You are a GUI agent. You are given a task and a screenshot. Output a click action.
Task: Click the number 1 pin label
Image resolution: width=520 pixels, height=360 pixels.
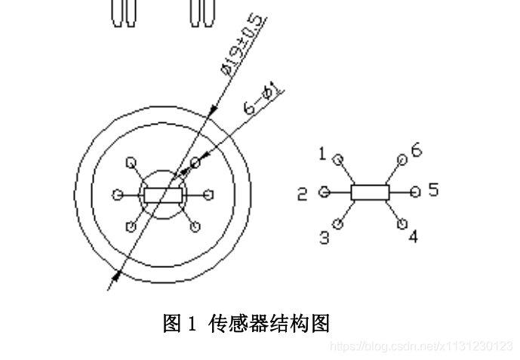coord(322,154)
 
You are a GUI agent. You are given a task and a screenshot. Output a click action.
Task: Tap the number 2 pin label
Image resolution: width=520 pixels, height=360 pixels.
coord(302,194)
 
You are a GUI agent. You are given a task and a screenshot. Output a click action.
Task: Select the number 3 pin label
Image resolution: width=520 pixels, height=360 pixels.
coord(325,238)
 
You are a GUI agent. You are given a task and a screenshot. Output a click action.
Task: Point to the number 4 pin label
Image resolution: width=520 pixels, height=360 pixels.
coord(414,236)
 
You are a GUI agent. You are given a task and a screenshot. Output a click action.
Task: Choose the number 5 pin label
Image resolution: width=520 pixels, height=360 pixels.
coord(432,189)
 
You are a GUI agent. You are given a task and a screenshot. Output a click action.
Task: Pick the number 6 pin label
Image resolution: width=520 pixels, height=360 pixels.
coord(416,150)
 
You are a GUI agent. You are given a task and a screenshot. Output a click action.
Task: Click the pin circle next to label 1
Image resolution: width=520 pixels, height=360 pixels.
coord(338,159)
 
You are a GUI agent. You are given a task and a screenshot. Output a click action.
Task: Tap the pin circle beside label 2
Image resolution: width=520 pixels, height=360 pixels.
coord(325,192)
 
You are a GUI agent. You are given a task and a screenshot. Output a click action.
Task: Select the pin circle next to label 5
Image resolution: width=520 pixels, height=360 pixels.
coord(415,192)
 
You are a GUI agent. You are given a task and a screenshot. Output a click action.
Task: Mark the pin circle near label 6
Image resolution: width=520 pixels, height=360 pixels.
coord(402,159)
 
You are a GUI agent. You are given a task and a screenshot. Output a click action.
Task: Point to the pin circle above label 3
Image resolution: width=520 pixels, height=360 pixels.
coord(338,223)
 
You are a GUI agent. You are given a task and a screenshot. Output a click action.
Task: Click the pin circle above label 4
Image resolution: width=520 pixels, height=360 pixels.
coord(402,223)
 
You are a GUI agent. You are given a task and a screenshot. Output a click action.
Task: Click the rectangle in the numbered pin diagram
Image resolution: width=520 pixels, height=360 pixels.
coord(370,192)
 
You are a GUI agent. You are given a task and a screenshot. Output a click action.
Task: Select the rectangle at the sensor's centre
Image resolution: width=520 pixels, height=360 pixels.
coord(162,195)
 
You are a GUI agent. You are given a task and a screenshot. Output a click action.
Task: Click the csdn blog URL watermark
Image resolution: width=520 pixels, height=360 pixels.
coord(422,346)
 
